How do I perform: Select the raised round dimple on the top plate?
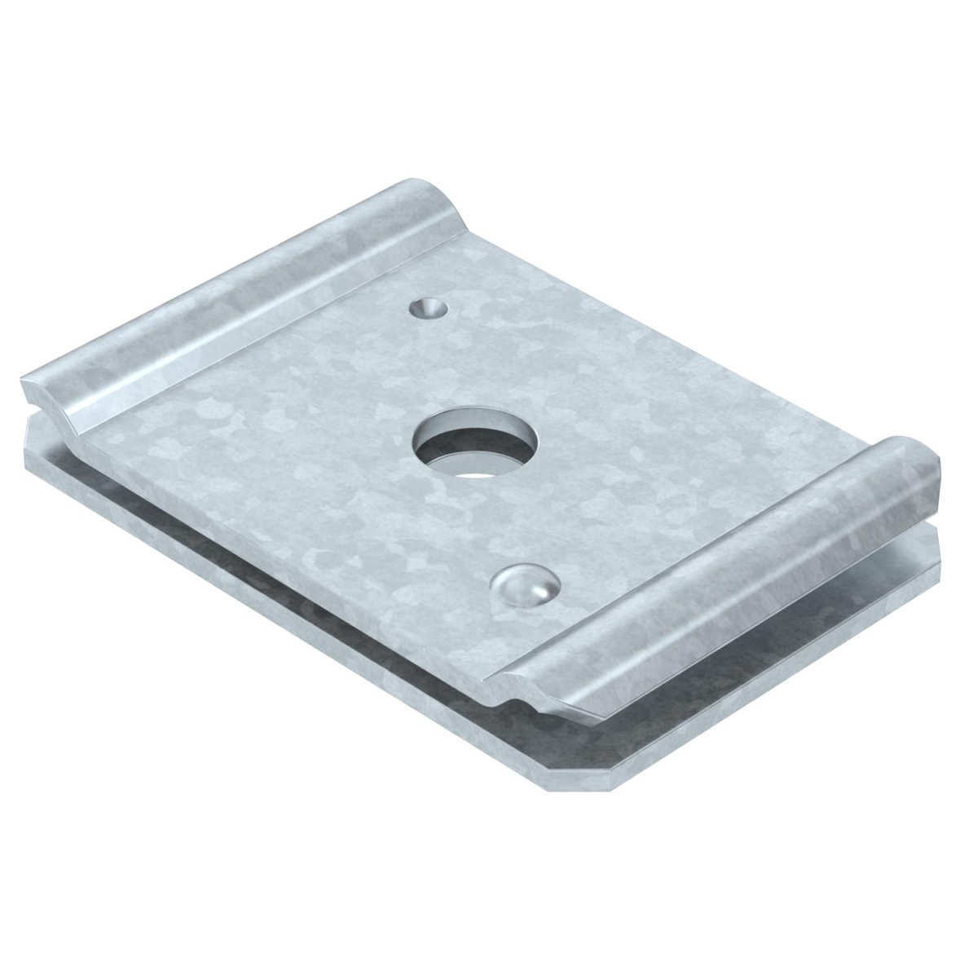tap(525, 584)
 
